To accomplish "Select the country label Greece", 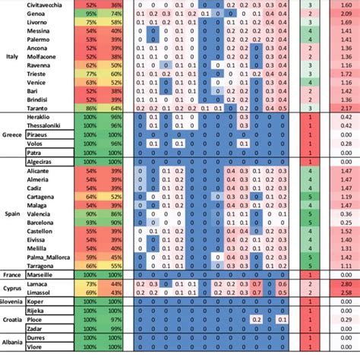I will point(13,136).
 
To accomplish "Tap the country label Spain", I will point(12,214).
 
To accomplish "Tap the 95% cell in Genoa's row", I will point(91,14).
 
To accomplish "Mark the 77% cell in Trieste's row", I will point(91,73).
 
